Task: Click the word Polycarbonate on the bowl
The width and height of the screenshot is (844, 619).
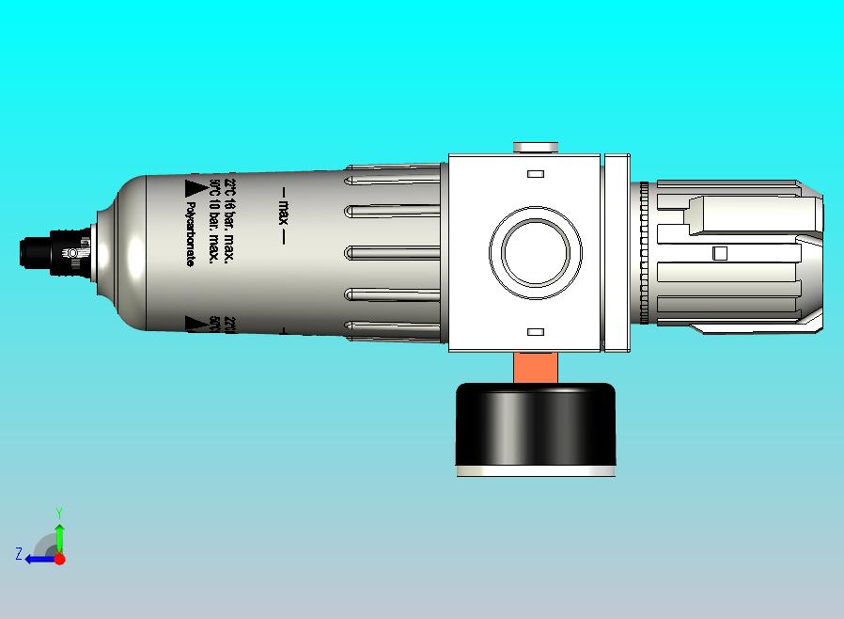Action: [x=190, y=235]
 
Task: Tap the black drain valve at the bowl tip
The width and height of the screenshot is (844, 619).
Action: [x=38, y=253]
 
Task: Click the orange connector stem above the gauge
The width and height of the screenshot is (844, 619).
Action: [x=536, y=368]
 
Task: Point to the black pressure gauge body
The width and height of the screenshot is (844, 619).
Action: [x=536, y=423]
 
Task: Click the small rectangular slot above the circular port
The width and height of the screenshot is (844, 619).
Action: [x=536, y=175]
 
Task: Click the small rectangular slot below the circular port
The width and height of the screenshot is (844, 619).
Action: [x=536, y=332]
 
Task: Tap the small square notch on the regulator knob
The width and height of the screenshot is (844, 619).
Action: [x=721, y=253]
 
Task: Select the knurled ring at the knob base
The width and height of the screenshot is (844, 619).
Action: [x=645, y=253]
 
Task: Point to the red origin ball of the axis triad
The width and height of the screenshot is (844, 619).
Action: [x=59, y=559]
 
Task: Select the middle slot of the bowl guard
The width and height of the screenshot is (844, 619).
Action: [x=395, y=253]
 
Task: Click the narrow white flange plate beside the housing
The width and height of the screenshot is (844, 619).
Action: [x=617, y=253]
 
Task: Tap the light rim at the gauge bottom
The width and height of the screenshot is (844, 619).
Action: [x=536, y=470]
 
